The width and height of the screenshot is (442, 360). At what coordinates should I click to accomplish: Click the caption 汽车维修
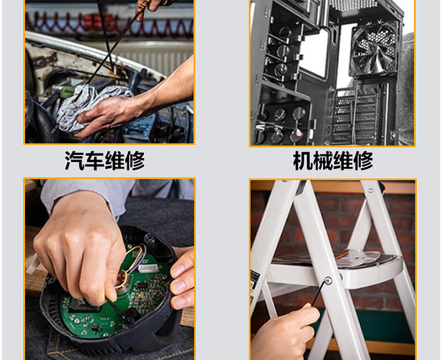tap(104, 161)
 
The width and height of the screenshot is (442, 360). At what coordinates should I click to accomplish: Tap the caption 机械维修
tap(333, 161)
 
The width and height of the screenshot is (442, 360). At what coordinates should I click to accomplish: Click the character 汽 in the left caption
tap(75, 161)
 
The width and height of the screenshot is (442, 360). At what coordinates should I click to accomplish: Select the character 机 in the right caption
tap(303, 161)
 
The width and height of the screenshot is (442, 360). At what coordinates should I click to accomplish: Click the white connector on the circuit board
tap(148, 268)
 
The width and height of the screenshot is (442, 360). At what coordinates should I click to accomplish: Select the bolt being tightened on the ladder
tap(328, 280)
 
